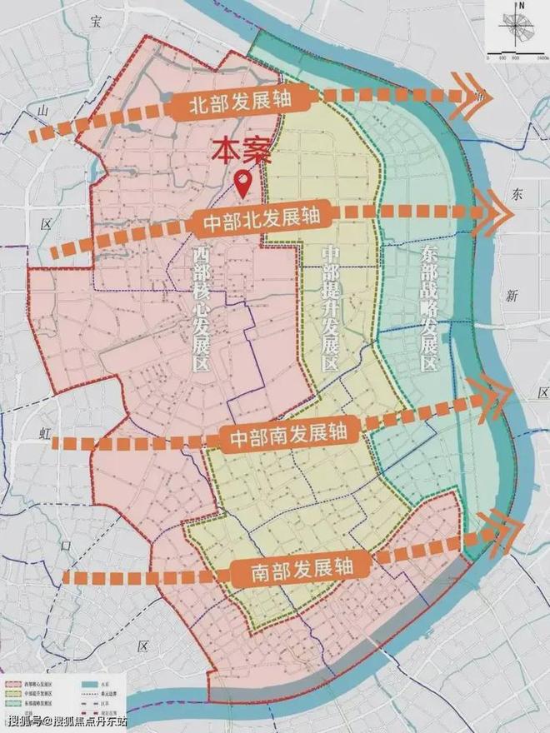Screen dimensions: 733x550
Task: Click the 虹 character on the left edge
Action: point(46,431)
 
